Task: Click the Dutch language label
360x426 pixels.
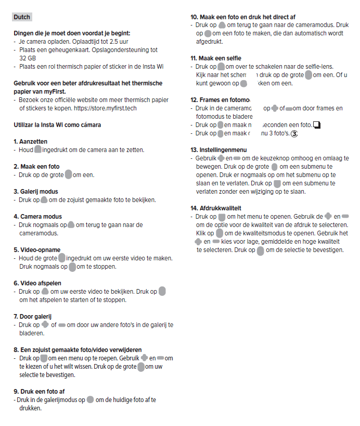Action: coord(22,17)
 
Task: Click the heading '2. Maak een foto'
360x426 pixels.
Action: coord(36,167)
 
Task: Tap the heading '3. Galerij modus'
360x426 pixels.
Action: coord(36,192)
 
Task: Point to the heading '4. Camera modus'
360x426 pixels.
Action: coord(37,217)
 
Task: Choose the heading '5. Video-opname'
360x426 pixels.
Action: coord(37,250)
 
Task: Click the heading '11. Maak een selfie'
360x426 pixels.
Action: coord(216,58)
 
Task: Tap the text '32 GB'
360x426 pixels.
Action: coord(28,58)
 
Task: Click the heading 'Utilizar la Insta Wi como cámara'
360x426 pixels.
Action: coord(57,125)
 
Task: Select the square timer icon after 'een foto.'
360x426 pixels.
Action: coord(317,125)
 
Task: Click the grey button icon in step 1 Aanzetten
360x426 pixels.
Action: coord(37,150)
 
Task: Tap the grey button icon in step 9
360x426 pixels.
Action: coord(90,400)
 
